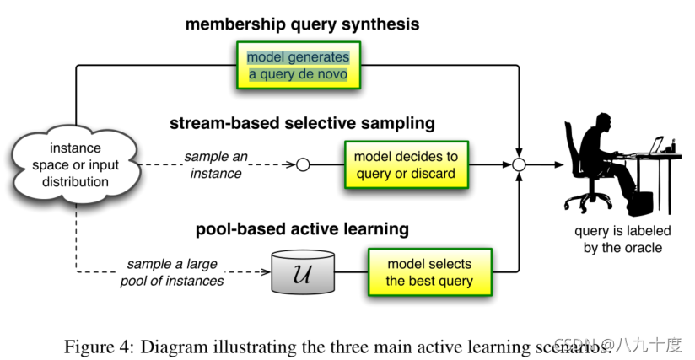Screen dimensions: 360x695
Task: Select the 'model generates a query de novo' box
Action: pos(297,66)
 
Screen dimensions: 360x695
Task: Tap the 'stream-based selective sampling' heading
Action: pos(301,124)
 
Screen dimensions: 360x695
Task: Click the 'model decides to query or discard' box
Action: pos(405,165)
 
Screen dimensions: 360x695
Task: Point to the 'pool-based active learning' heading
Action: pos(302,228)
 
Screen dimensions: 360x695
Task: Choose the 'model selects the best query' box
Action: pos(428,272)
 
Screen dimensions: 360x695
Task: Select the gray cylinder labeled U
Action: pos(304,272)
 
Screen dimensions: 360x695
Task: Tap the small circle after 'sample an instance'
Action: pos(303,165)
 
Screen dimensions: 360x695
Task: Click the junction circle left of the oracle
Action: pos(520,165)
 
